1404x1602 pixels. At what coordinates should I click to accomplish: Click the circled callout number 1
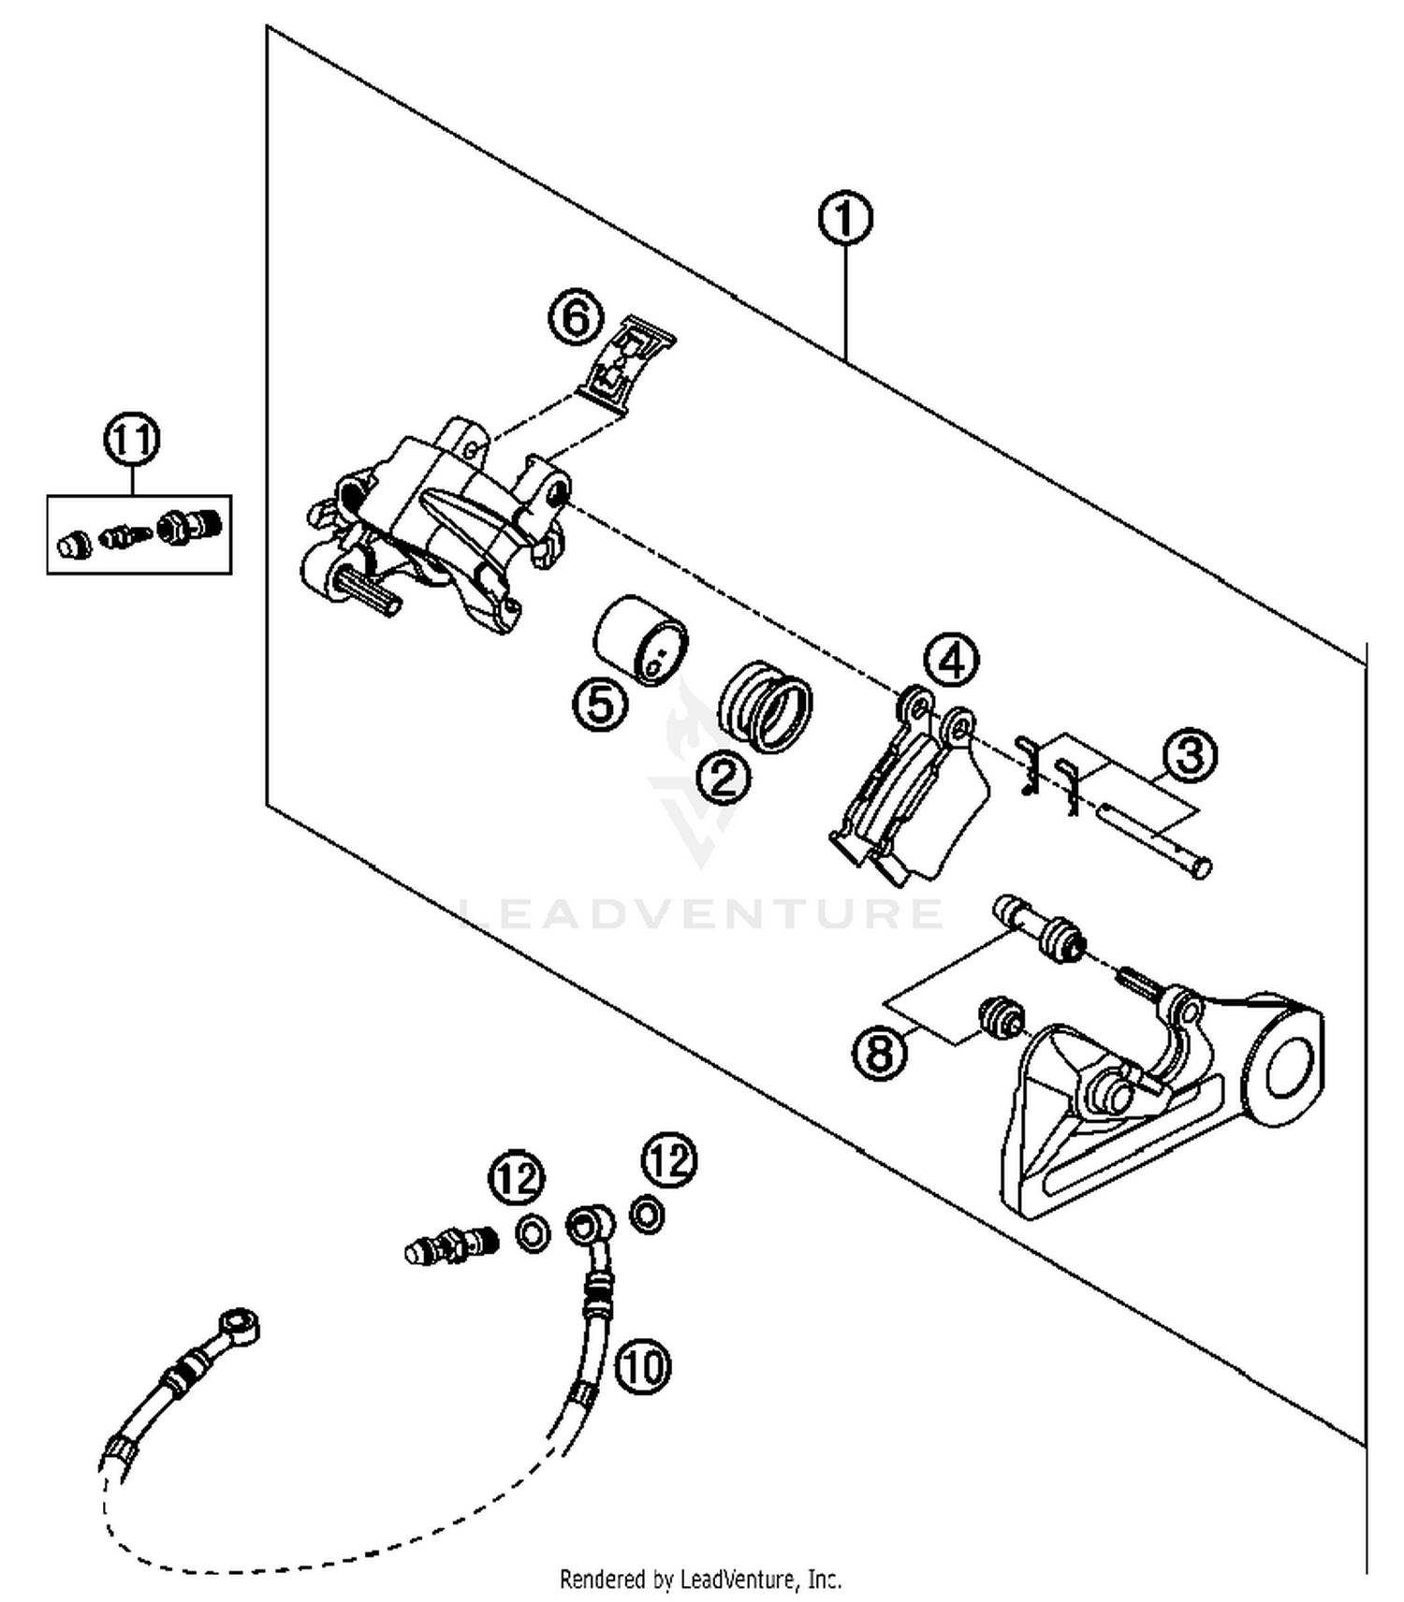(844, 219)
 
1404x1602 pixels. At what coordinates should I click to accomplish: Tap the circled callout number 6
(575, 316)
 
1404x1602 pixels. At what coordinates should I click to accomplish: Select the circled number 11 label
(131, 438)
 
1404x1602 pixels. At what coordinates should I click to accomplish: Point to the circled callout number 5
(600, 703)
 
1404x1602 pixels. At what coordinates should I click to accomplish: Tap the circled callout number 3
(1190, 754)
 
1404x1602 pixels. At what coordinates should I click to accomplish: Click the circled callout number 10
(643, 1367)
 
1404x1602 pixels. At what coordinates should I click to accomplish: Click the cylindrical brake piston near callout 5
(641, 639)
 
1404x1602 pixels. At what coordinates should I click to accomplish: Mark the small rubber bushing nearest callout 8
(1000, 1016)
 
